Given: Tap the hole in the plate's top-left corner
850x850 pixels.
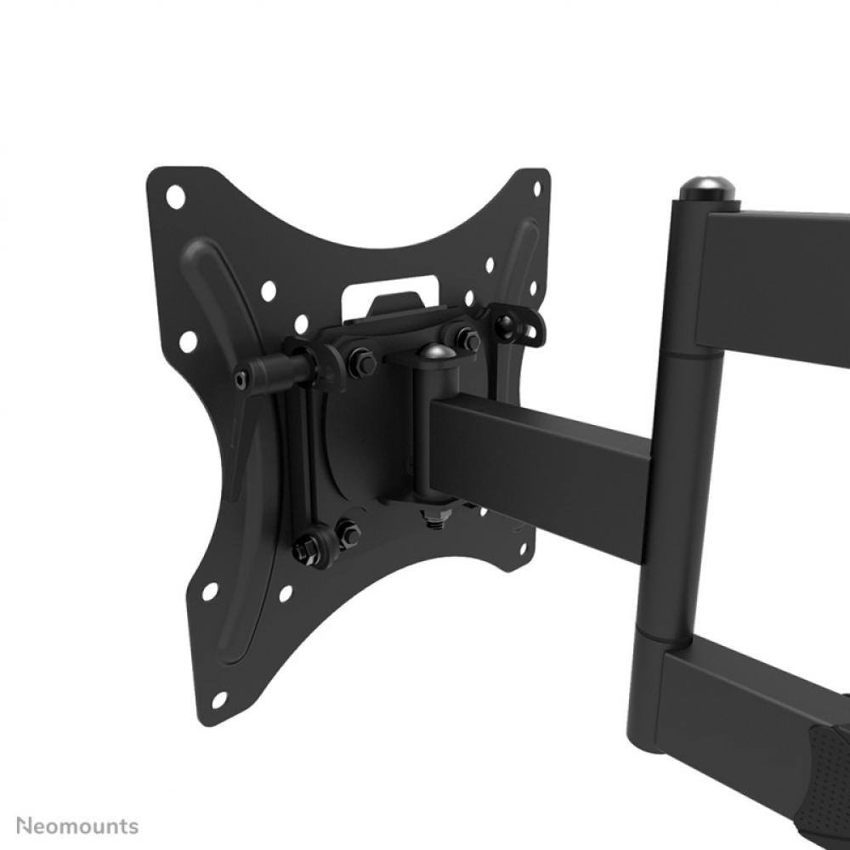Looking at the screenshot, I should [x=175, y=195].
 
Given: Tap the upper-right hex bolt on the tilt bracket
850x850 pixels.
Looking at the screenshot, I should [x=467, y=338].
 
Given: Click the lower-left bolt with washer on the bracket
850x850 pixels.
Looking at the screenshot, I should [x=308, y=548].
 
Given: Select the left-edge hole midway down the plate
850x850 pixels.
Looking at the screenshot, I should [x=188, y=342].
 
